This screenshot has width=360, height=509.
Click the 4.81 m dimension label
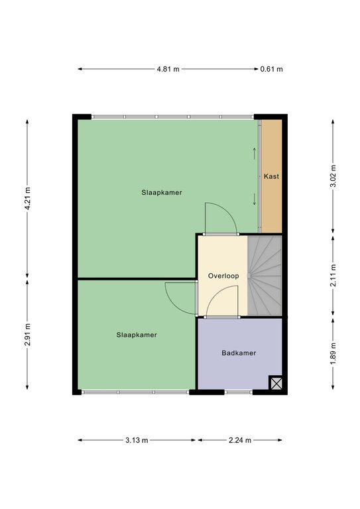(168, 69)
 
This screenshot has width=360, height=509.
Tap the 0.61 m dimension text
(271, 69)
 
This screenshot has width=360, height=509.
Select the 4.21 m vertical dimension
(28, 198)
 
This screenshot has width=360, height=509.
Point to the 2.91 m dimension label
(28, 334)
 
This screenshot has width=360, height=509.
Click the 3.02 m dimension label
(333, 176)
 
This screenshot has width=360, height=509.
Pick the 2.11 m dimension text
(333, 275)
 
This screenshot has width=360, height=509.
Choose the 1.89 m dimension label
(333, 353)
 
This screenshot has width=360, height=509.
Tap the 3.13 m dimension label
(137, 440)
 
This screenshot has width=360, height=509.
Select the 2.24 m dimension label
(240, 440)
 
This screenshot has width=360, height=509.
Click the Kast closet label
(271, 176)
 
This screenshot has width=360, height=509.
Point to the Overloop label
(223, 276)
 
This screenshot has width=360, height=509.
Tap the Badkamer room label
(239, 353)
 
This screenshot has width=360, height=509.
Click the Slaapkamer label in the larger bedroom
(162, 192)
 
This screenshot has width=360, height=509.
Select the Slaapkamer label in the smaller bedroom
(137, 335)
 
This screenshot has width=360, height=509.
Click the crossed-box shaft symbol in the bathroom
(276, 383)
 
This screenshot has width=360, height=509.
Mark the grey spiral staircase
(265, 276)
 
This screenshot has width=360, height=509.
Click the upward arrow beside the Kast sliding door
(254, 154)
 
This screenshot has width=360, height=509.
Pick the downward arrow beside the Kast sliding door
(254, 199)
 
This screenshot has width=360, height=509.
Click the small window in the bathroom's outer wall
(239, 392)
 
